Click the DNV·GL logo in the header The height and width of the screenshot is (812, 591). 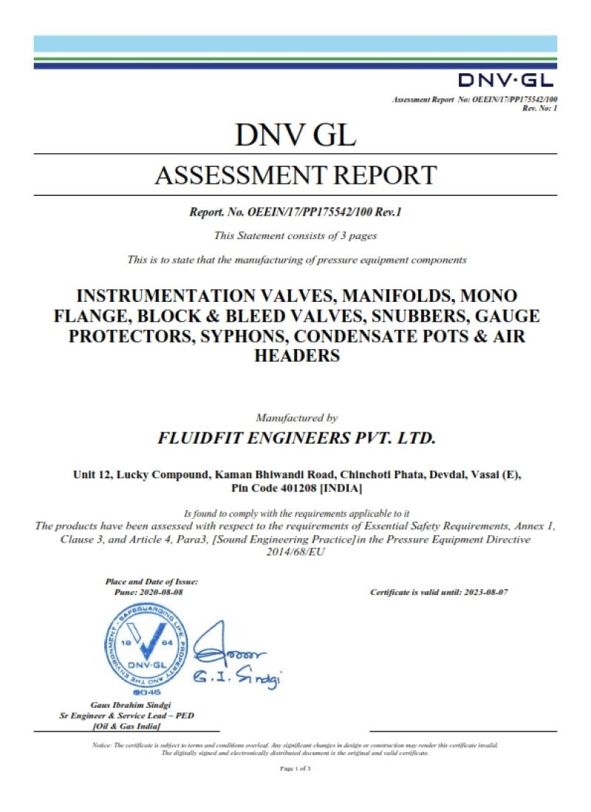click(x=505, y=80)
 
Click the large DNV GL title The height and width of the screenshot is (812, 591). click(x=295, y=135)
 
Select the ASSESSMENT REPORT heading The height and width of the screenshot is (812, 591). click(x=295, y=176)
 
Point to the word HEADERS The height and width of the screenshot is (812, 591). click(x=296, y=355)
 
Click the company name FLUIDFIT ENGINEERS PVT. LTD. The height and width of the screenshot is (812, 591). click(x=296, y=437)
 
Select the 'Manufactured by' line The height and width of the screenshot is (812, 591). click(x=296, y=417)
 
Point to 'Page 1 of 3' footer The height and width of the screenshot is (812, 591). click(x=295, y=768)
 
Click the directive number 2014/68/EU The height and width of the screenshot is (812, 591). click(x=295, y=552)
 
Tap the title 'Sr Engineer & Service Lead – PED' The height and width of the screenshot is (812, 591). click(x=127, y=716)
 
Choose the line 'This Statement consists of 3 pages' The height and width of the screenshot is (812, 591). click(x=295, y=235)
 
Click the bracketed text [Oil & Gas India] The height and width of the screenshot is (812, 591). click(x=127, y=726)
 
